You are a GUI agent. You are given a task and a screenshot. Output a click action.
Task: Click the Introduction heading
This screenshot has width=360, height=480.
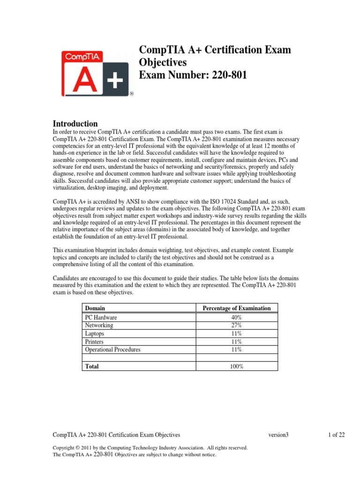coord(75,124)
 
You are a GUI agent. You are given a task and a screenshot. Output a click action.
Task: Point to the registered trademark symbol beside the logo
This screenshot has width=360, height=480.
coord(132,94)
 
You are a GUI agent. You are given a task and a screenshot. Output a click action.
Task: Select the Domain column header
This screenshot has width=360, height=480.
coord(95,308)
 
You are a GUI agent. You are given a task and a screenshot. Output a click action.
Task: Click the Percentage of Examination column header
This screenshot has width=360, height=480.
coord(236,308)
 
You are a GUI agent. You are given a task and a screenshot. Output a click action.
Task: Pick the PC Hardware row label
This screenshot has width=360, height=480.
coord(101,317)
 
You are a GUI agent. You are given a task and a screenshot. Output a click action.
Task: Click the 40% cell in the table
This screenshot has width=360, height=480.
coord(236,317)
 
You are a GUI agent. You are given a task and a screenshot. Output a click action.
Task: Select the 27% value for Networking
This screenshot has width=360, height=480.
coord(236,325)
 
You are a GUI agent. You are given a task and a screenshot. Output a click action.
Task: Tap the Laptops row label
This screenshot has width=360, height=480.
coord(95,334)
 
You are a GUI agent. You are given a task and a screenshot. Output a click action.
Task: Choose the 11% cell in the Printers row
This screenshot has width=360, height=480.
coord(236,342)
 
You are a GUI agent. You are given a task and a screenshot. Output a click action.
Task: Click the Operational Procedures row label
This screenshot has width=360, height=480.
coord(112,350)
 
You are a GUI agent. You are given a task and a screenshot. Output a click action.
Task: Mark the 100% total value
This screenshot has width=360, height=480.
coord(236,366)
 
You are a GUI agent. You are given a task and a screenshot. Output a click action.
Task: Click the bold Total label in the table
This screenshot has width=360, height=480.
coord(91,366)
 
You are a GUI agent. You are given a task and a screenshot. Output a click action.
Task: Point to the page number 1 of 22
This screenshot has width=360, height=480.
coord(337,435)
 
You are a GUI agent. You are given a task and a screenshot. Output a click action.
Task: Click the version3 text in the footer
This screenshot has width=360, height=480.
coord(278,435)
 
